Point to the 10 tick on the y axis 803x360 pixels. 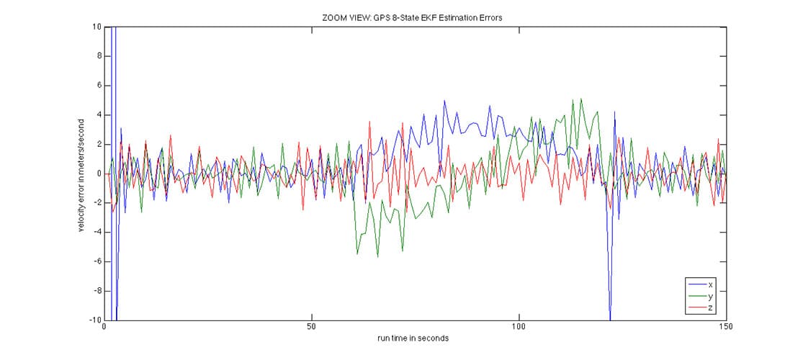pos(96,27)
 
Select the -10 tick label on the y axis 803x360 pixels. pos(94,320)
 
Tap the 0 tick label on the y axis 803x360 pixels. pos(98,174)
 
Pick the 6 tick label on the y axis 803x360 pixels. pos(98,86)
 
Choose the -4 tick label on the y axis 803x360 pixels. pos(96,232)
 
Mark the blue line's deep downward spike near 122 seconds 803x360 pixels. pos(610,317)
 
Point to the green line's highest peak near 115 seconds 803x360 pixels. pos(581,99)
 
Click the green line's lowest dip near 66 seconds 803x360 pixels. pos(378,256)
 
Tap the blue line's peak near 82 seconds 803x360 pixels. pos(444,101)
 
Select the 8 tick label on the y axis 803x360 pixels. pos(98,56)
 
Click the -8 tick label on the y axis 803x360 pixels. pos(96,291)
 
